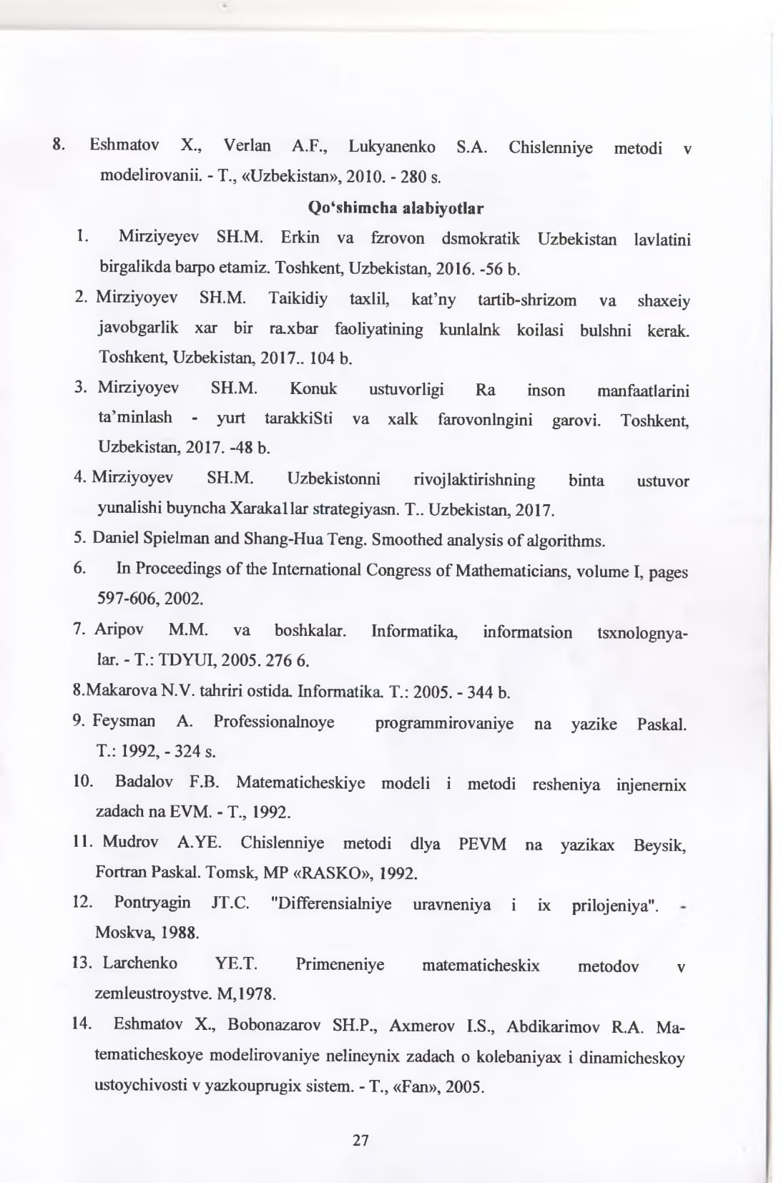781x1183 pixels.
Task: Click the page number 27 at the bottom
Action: pos(361,1140)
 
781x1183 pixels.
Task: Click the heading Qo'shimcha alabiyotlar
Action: pos(396,208)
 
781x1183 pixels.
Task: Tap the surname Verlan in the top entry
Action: pos(247,146)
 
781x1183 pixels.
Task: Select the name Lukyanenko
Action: pos(392,147)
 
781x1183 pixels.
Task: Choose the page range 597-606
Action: pos(127,598)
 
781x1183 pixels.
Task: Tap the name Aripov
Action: pos(119,629)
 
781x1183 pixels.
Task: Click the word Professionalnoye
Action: pos(274,722)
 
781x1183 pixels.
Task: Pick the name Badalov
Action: pos(144,782)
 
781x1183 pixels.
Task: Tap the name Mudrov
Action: pos(130,842)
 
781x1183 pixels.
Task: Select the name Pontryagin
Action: pos(152,903)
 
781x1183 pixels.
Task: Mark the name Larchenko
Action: pos(139,963)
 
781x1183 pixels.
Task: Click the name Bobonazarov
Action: pos(274,1025)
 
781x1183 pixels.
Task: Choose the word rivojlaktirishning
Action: pos(474,479)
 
